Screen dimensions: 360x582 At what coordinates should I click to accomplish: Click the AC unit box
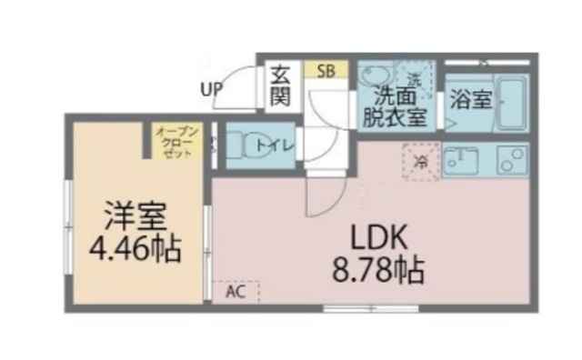(236, 292)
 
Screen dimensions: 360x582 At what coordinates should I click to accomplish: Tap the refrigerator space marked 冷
(420, 162)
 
